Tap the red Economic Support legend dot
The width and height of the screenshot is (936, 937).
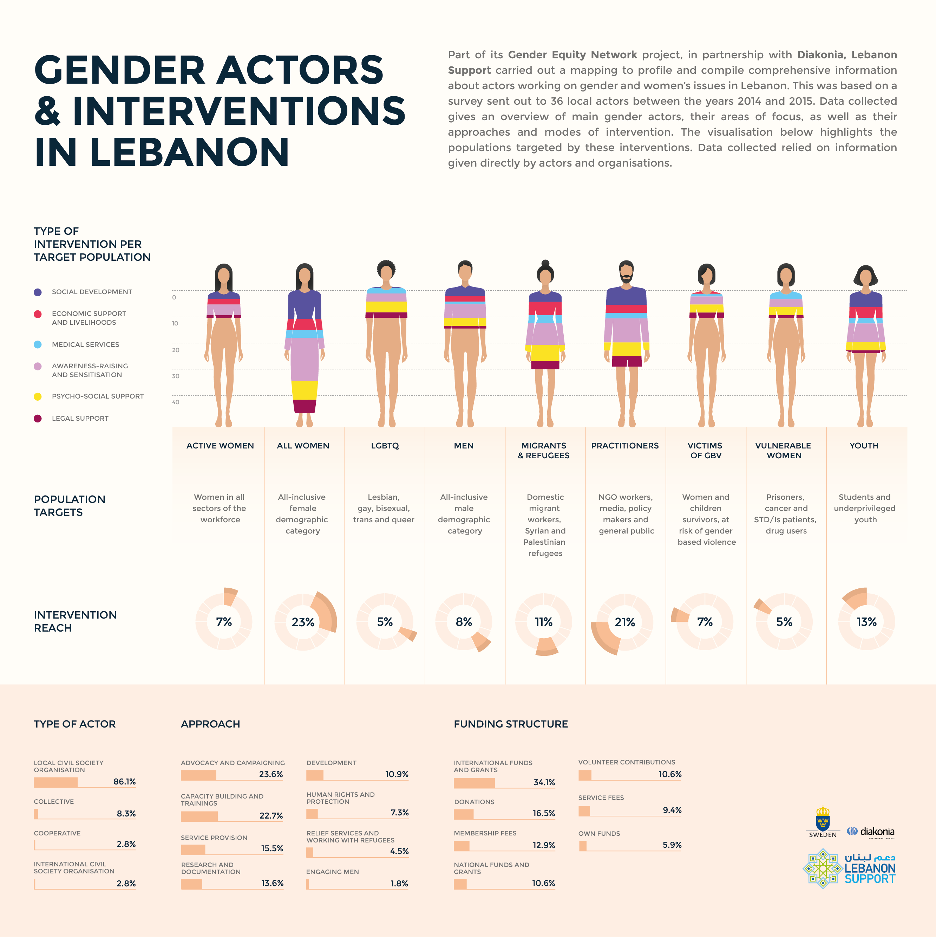coord(37,314)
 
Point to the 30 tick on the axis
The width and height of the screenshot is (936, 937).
coord(176,376)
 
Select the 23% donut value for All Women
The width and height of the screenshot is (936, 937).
coord(303,622)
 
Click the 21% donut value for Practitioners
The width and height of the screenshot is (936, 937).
coord(625,622)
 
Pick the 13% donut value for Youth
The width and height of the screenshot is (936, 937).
coord(866,622)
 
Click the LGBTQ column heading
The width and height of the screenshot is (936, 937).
coord(385,446)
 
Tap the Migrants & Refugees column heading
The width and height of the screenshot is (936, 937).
coord(544,451)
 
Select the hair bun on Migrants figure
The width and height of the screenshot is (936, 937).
coord(545,263)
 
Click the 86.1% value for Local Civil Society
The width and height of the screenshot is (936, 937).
coord(125,781)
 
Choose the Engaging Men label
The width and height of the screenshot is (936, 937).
coord(333,872)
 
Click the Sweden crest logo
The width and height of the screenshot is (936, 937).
coord(823,820)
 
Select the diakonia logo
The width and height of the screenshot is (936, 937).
coord(871,832)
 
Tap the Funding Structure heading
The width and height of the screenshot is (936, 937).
coord(510,724)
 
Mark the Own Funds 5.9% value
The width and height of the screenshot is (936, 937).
coord(672,845)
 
